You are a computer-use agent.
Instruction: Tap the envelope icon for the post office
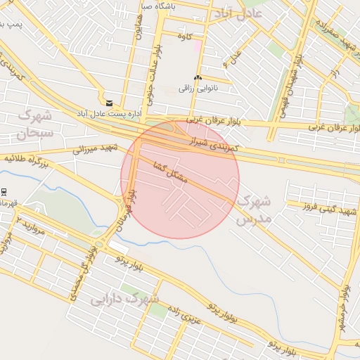click(109, 103)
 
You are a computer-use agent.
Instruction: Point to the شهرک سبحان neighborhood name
click(36, 123)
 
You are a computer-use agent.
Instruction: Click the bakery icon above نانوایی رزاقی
click(198, 78)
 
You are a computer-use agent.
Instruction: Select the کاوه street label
click(186, 36)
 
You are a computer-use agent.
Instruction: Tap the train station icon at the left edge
click(4, 192)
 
